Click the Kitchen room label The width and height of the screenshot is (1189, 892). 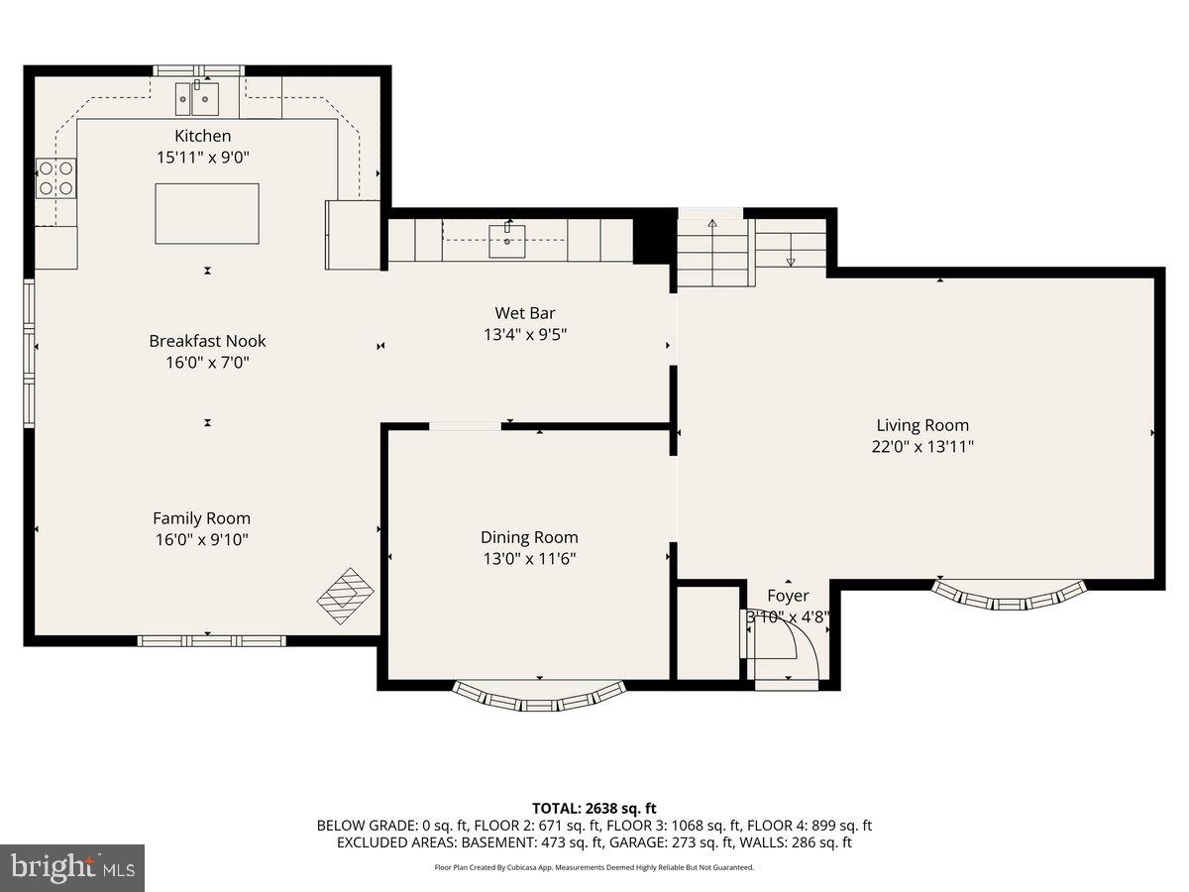click(x=203, y=136)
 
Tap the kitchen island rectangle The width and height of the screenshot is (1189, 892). click(x=207, y=213)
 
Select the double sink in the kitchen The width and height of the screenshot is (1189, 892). click(x=197, y=97)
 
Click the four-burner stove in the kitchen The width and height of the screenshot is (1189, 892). click(x=55, y=177)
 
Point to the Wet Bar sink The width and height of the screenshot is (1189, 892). click(x=507, y=238)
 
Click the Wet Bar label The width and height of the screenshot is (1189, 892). click(x=525, y=313)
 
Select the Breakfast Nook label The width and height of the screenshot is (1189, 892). click(x=207, y=340)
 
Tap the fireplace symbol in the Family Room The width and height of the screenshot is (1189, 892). click(x=347, y=596)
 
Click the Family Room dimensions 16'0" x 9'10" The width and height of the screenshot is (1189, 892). click(x=201, y=540)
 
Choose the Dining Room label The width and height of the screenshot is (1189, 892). click(x=529, y=537)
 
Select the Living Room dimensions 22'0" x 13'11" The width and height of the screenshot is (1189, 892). click(x=922, y=446)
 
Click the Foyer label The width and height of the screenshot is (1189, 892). click(x=788, y=596)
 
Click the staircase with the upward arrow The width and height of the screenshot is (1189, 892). click(x=712, y=254)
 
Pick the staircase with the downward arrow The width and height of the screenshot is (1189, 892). click(x=791, y=244)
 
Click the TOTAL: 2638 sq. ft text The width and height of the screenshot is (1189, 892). click(x=594, y=809)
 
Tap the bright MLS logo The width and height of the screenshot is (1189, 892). click(x=72, y=868)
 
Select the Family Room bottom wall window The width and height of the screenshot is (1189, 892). click(x=211, y=641)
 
